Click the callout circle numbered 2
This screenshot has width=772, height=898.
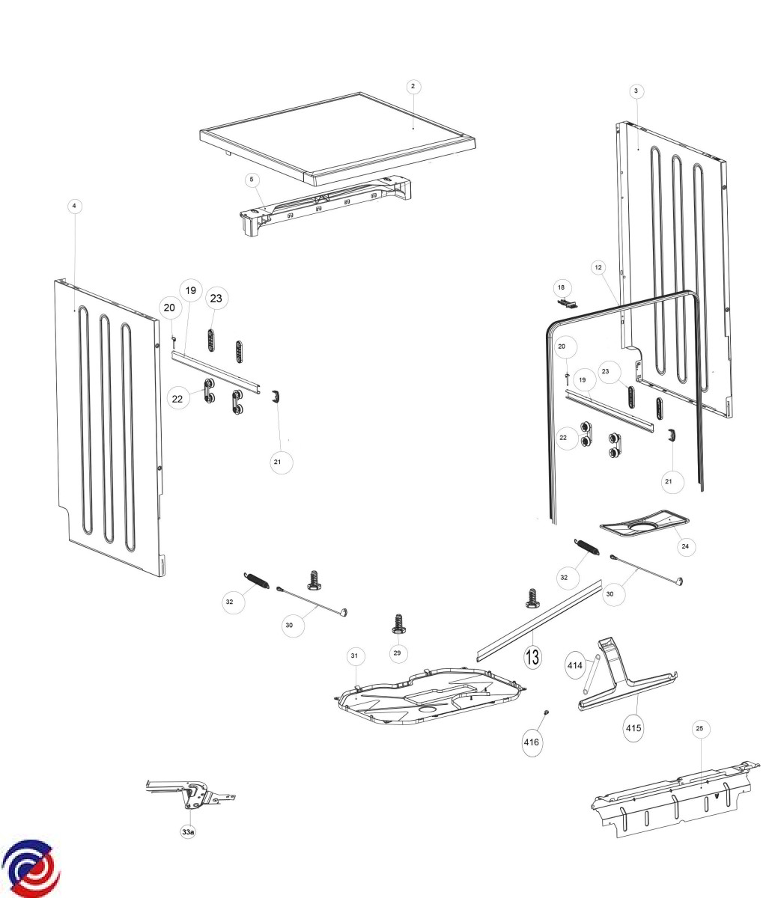click(412, 87)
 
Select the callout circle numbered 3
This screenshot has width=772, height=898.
click(636, 91)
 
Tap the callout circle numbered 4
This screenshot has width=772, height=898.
click(73, 206)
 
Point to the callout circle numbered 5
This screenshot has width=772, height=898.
click(252, 180)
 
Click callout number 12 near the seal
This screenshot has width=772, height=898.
click(598, 267)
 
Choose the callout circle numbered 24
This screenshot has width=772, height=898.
click(684, 547)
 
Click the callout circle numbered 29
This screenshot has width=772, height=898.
click(398, 653)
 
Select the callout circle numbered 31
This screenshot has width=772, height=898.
click(354, 656)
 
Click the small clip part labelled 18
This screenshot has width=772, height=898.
click(568, 303)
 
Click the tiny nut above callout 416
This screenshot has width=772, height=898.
click(547, 712)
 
